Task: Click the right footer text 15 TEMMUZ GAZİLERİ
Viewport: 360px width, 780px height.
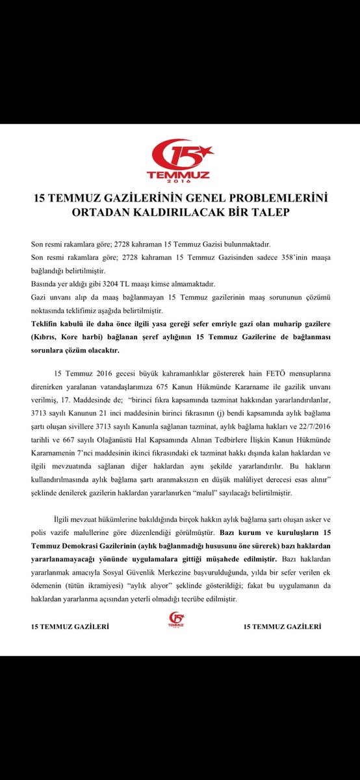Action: [282, 627]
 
